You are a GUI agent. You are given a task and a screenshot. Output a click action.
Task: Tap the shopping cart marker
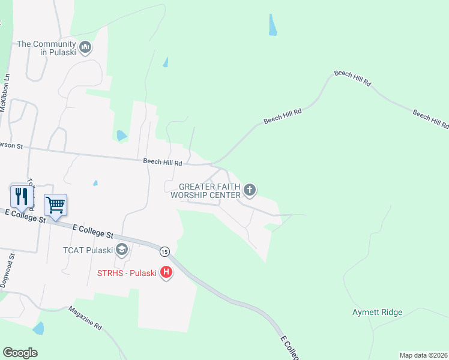click(x=55, y=205)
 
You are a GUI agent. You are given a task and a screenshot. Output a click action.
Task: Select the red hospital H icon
click(x=166, y=274)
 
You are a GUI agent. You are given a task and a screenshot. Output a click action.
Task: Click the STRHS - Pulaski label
click(x=127, y=274)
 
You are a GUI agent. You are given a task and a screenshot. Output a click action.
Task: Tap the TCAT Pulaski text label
click(x=88, y=250)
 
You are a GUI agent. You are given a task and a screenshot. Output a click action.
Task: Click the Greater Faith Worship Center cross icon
click(x=250, y=191)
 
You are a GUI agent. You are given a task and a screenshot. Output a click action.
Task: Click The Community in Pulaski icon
click(x=85, y=47)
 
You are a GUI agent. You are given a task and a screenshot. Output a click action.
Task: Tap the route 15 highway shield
click(x=164, y=250)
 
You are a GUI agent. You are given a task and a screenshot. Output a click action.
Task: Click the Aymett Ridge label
click(x=377, y=312)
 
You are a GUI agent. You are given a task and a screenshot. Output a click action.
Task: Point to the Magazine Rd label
click(x=85, y=318)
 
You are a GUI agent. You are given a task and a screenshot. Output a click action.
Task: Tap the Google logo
click(x=20, y=353)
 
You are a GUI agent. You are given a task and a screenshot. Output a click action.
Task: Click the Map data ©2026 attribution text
click(x=423, y=355)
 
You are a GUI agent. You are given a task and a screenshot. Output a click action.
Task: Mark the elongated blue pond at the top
click(x=273, y=25)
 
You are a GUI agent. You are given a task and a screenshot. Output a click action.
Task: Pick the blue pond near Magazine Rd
click(x=38, y=328)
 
